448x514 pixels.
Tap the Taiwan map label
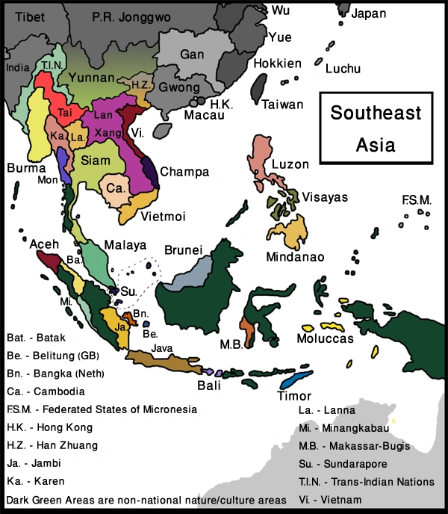click(282, 105)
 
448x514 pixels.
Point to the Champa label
click(184, 171)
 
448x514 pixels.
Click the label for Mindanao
click(295, 257)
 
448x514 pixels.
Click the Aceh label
click(43, 244)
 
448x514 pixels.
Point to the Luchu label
click(343, 69)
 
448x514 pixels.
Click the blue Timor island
click(304, 378)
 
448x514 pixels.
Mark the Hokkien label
click(278, 64)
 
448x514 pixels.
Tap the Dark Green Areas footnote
click(146, 499)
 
